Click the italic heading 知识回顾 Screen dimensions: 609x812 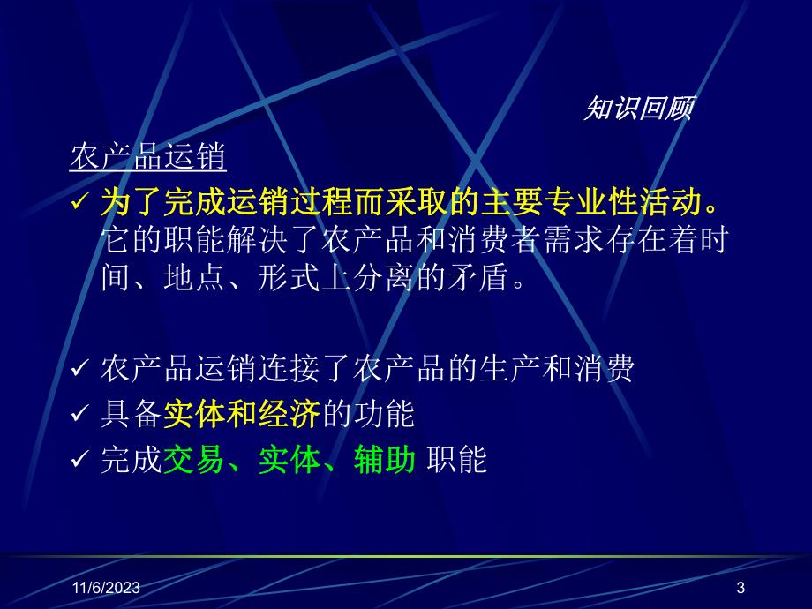639,109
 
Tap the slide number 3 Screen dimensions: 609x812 741,588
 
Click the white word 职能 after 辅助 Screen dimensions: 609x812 457,460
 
